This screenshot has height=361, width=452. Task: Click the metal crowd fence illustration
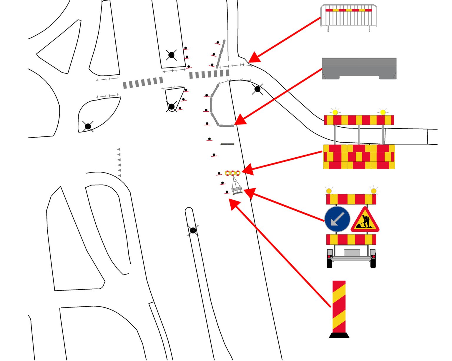click(348, 17)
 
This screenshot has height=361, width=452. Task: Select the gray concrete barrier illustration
click(359, 68)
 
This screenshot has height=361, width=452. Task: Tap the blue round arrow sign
click(337, 219)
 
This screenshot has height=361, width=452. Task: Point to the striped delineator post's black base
click(339, 335)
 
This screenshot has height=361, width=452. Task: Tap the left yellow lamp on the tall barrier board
click(335, 112)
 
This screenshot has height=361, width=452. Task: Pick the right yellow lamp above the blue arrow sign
click(373, 191)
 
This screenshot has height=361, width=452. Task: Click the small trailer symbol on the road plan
click(237, 187)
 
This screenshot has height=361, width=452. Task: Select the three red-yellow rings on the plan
click(232, 173)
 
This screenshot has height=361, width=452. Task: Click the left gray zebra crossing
click(143, 83)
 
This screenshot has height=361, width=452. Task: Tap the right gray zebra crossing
click(209, 74)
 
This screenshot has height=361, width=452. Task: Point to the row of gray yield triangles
click(119, 163)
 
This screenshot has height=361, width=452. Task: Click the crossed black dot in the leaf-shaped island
click(88, 126)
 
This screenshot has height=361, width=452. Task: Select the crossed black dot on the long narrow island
click(193, 230)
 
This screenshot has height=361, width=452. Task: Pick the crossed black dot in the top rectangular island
click(171, 55)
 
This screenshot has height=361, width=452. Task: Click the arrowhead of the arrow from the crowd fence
click(253, 58)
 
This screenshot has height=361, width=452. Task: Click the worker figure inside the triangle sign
click(365, 221)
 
